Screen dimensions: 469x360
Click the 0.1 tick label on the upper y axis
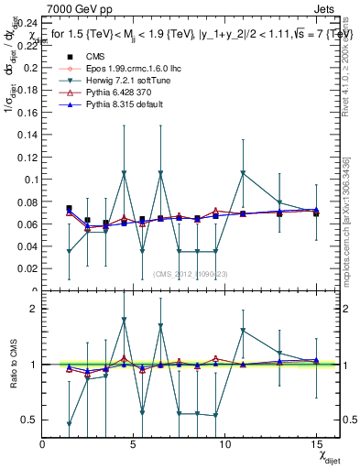tap(32, 180)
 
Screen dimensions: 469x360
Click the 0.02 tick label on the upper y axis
tap(29, 268)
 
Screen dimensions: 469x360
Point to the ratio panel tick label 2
tap(34, 309)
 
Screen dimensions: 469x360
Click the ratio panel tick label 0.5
tap(31, 420)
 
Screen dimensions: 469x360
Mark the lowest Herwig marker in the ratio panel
tap(70, 423)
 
